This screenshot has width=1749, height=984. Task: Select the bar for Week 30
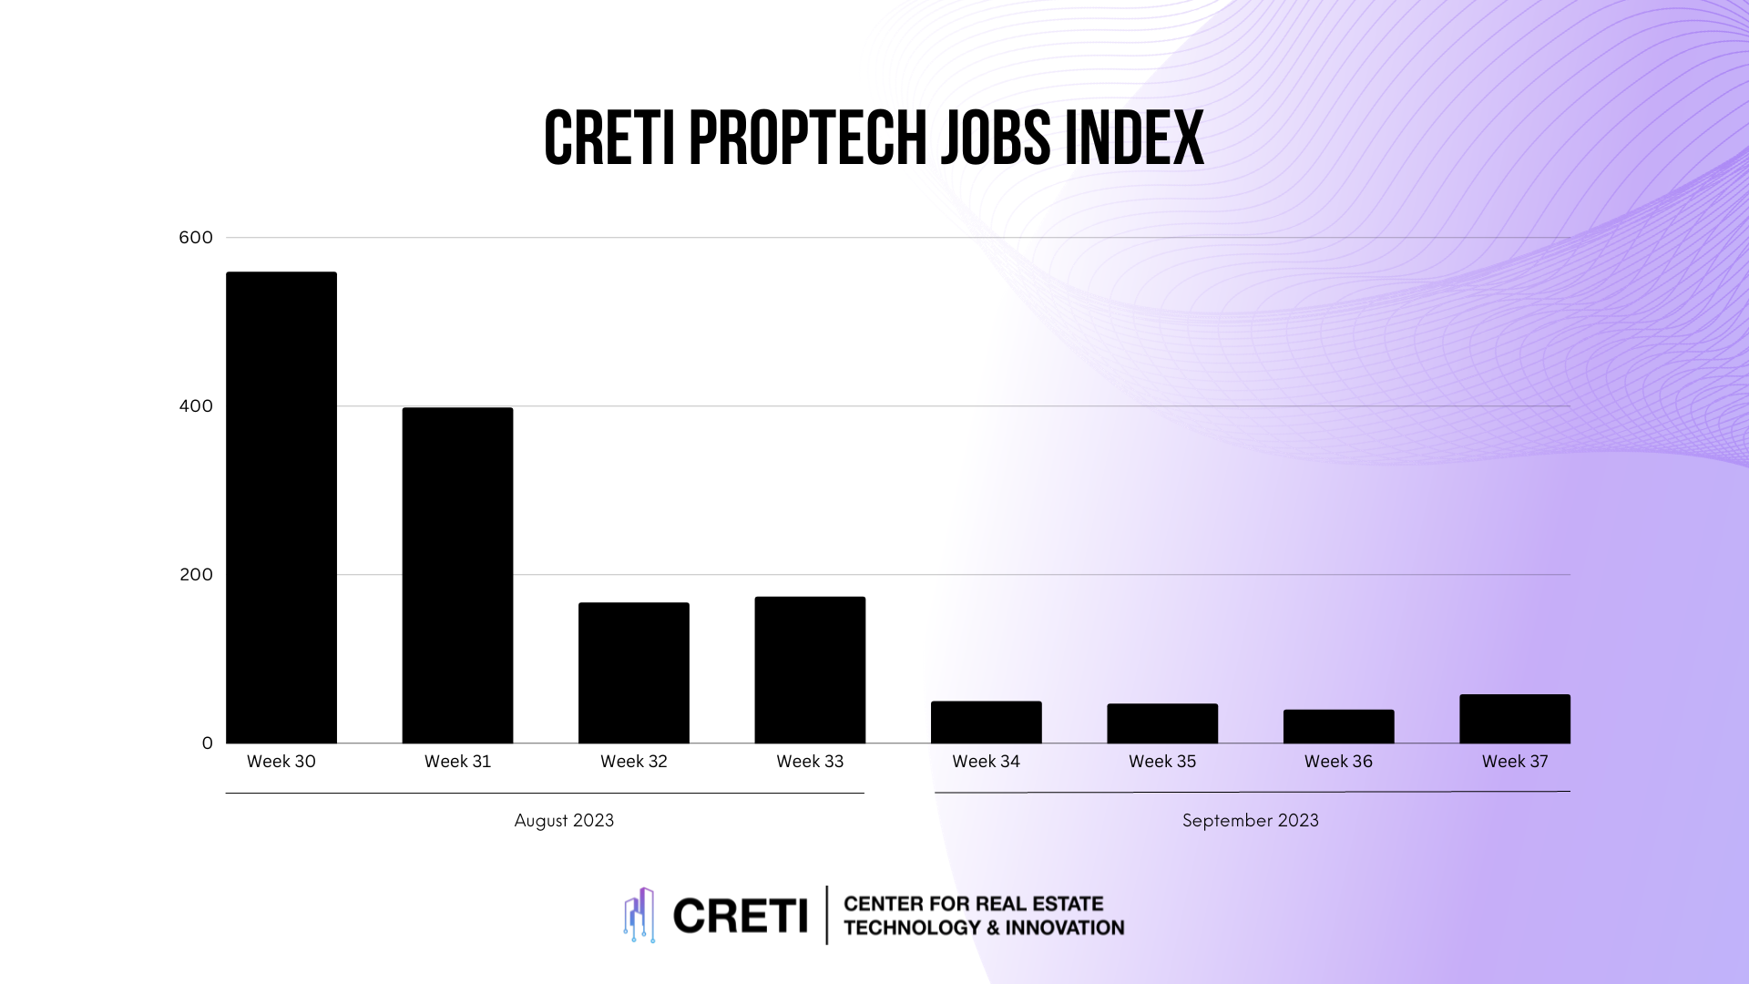tap(281, 507)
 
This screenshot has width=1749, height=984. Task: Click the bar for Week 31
tap(457, 575)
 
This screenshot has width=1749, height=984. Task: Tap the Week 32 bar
tap(633, 672)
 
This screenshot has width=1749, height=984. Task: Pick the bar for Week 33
tap(810, 670)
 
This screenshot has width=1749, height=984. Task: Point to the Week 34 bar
tap(986, 723)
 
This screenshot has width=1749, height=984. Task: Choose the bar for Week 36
tap(1338, 726)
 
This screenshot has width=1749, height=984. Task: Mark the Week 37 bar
tap(1514, 719)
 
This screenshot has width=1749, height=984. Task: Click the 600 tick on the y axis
tap(196, 238)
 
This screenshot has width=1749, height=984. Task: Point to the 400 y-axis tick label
tap(196, 406)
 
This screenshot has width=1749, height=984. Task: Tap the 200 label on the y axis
tap(196, 575)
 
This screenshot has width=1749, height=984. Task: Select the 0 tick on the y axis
tap(207, 743)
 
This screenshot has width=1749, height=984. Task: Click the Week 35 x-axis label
tap(1161, 762)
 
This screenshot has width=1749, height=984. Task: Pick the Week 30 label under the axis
tap(281, 762)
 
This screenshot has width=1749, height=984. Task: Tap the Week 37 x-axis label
tap(1514, 762)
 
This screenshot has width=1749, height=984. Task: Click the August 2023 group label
tap(564, 820)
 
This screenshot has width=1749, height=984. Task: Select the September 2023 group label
tap(1250, 820)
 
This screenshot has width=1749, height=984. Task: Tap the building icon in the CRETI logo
tap(639, 915)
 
